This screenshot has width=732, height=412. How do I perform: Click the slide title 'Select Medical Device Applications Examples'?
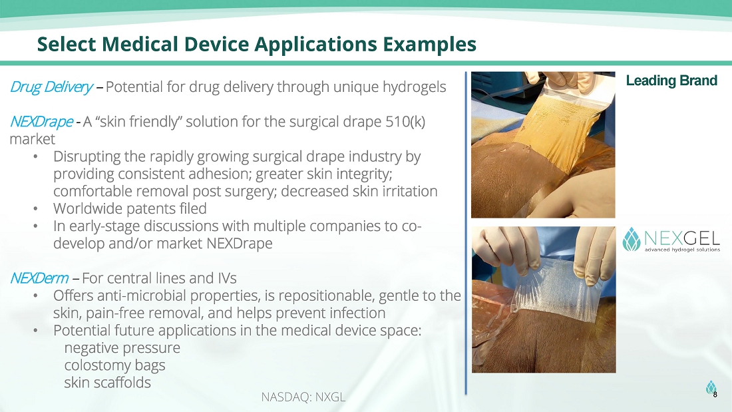point(257,45)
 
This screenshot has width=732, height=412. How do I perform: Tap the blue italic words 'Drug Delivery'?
point(51,87)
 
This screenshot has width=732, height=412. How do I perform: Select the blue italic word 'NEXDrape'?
point(41,122)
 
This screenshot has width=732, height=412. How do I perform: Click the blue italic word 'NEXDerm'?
point(39,278)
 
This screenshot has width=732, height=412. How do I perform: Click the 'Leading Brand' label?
point(671,81)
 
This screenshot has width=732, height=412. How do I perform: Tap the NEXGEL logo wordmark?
point(682,238)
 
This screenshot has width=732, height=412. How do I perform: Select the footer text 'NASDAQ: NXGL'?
point(303,397)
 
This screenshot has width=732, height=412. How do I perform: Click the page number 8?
point(715,395)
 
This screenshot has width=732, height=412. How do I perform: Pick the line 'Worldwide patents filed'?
point(130,209)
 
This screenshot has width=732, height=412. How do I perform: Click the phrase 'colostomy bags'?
point(115,365)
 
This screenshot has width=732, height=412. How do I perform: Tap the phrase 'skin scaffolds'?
point(107,383)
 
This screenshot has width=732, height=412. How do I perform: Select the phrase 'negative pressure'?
point(122,348)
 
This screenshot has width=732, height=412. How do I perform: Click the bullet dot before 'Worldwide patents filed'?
point(35,209)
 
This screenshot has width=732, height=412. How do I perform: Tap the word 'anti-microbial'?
point(139,296)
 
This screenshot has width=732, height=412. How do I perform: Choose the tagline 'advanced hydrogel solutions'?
point(682,250)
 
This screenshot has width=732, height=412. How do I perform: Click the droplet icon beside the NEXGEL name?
point(631,240)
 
